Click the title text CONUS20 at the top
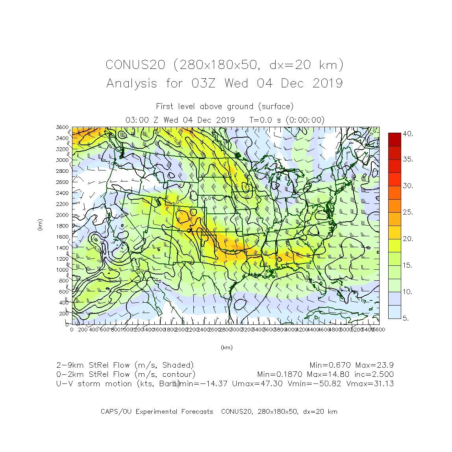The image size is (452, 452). (x=135, y=65)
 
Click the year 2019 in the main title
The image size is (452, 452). (x=328, y=83)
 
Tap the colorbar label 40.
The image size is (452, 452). (x=408, y=134)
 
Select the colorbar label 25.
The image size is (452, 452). (x=408, y=213)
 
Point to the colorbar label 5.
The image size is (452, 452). (x=406, y=318)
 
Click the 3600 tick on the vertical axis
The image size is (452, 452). (x=62, y=128)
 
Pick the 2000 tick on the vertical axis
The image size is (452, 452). (x=62, y=215)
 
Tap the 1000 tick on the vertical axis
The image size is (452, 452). (x=62, y=270)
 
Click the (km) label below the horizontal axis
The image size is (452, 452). (x=226, y=347)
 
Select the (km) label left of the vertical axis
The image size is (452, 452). (x=40, y=225)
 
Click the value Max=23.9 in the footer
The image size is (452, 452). (x=374, y=365)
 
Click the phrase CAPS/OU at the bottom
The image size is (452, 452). (x=116, y=412)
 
